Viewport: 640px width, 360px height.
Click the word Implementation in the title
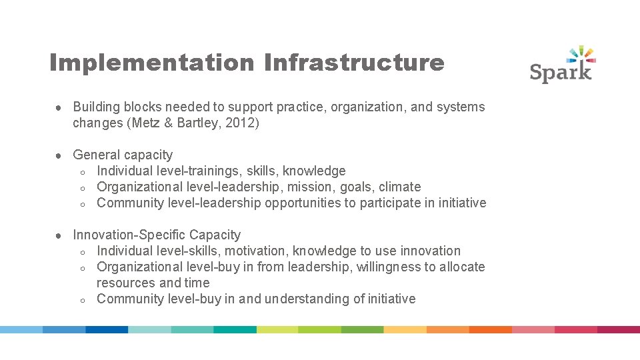(151, 63)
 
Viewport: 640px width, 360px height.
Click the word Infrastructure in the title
(354, 63)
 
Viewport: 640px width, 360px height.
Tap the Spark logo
(562, 64)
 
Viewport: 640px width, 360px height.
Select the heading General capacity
(123, 155)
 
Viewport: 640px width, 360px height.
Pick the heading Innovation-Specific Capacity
(157, 235)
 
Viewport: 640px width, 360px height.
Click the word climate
(400, 187)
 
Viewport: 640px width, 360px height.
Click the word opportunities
(303, 203)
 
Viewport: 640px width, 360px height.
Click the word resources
(127, 283)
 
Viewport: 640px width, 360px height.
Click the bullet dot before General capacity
(59, 155)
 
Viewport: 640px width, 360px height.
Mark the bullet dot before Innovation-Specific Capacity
(59, 235)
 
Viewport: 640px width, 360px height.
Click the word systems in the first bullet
(461, 107)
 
